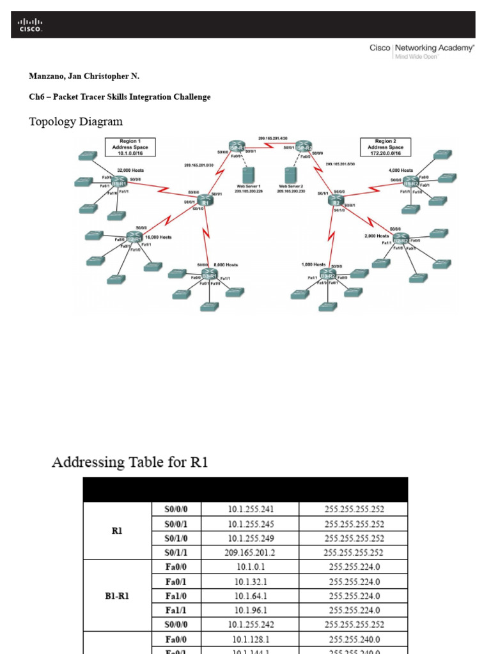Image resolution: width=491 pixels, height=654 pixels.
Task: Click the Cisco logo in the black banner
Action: (x=29, y=25)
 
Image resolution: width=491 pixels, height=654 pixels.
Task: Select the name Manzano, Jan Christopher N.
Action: (x=84, y=76)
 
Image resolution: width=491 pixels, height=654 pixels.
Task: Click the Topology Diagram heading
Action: (x=75, y=121)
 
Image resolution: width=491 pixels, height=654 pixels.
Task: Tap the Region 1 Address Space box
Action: (x=130, y=147)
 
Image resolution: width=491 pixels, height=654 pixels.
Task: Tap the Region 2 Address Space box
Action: (x=385, y=147)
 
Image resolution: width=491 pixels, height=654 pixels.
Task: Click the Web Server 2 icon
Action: (x=291, y=173)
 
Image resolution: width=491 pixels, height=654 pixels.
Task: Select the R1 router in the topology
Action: (x=205, y=201)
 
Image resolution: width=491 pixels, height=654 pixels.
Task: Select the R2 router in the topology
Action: (x=336, y=201)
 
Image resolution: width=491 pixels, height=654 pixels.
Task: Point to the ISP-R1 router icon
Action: (x=237, y=147)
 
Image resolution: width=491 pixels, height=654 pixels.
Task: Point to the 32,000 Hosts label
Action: (x=130, y=171)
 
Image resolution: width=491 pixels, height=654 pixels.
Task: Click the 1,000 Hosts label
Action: (x=313, y=264)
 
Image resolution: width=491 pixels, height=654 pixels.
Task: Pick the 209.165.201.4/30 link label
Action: (x=273, y=138)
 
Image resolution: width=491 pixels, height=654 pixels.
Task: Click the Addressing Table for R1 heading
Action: (x=130, y=462)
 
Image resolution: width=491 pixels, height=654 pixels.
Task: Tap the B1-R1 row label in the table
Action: (x=117, y=596)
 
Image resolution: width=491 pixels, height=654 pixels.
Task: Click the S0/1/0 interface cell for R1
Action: (x=174, y=538)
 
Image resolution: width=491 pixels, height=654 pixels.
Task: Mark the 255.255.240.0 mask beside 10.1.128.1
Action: (x=354, y=639)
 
